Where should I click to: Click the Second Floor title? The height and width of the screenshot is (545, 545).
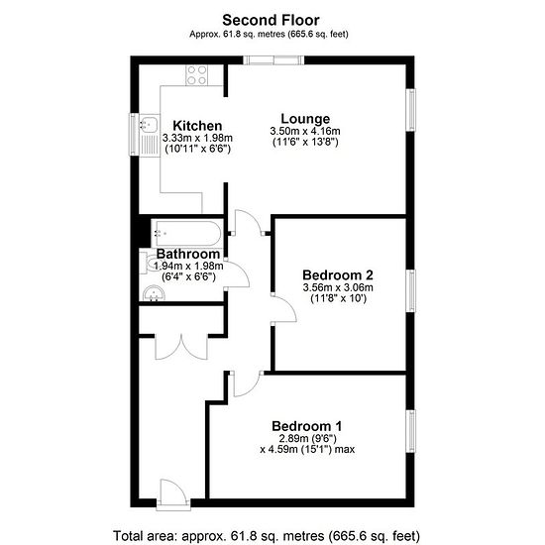pos(271,20)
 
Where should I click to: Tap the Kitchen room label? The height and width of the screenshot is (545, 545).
pos(197,126)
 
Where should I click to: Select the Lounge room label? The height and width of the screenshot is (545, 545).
pos(305,119)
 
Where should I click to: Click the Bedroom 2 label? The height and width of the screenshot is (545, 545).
pos(338,274)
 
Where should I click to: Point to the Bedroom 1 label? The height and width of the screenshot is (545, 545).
pos(307,426)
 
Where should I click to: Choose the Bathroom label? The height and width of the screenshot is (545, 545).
pos(188,254)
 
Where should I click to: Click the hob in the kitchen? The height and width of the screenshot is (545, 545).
pos(196,75)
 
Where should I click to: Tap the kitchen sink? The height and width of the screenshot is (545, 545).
pos(150,135)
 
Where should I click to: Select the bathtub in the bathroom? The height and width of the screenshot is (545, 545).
pos(186,233)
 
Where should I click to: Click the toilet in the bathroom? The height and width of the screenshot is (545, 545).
pos(148,264)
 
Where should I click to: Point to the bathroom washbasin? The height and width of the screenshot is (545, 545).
pos(154,293)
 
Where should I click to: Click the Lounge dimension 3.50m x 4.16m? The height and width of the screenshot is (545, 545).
pos(305,132)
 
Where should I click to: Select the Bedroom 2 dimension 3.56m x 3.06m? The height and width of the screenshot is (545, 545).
pos(338,287)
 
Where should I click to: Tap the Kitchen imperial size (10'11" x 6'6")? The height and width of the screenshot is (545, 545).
pos(197,149)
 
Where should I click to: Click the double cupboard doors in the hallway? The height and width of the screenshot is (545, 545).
pos(181,347)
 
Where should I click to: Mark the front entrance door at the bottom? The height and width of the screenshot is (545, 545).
pos(173,494)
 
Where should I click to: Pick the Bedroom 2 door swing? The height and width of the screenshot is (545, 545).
pos(283,309)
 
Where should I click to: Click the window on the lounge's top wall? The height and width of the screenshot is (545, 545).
pos(273,60)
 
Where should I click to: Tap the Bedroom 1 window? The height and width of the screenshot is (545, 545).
pos(411,431)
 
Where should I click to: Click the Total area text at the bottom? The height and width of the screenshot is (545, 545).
pos(267,536)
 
